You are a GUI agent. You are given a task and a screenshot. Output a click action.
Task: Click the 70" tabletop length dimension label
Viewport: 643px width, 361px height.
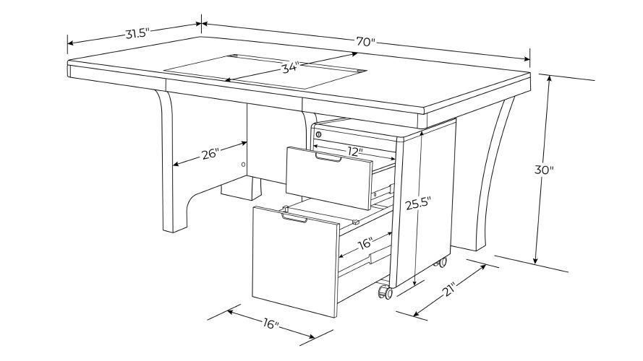click(x=366, y=41)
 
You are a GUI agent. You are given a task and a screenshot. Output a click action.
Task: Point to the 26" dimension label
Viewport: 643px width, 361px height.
click(x=210, y=153)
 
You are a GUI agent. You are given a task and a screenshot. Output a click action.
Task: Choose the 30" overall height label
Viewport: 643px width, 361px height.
click(x=544, y=171)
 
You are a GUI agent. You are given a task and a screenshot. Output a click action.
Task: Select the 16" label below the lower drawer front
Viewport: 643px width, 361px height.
click(x=268, y=324)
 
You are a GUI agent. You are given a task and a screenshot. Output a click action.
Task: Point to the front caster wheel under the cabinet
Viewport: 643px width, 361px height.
click(x=383, y=293)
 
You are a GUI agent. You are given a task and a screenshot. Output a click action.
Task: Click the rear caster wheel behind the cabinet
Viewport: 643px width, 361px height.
click(x=440, y=264)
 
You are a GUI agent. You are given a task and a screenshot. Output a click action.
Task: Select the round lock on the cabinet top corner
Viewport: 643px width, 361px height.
click(x=319, y=135)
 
